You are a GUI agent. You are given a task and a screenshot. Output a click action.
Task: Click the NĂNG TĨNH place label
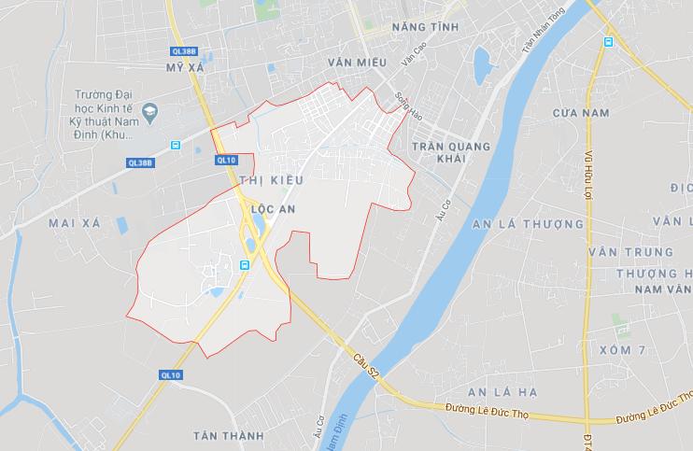click(426, 27)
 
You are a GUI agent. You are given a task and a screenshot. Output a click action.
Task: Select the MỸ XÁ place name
click(183, 69)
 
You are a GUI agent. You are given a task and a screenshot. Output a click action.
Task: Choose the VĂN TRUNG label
click(617, 253)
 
